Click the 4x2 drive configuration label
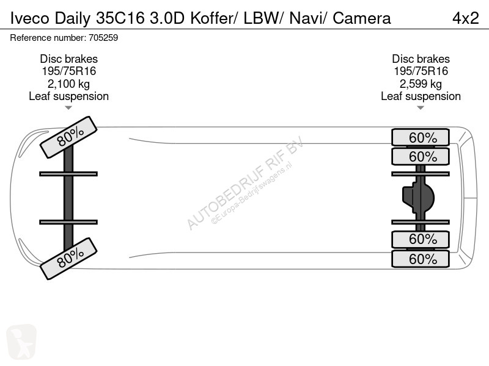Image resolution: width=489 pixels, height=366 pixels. tap(465, 18)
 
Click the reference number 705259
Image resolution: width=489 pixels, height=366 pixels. tap(103, 38)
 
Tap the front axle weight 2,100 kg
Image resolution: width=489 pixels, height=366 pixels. tap(68, 84)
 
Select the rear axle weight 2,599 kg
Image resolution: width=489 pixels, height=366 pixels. tap(421, 84)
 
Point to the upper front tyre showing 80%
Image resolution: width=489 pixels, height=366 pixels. tap(68, 137)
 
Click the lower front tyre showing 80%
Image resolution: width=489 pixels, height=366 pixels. tap(68, 259)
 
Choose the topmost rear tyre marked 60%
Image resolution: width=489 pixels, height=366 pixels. tap(421, 137)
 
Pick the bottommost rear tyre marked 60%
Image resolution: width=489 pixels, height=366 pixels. tap(421, 259)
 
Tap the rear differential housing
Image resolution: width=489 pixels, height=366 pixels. tap(418, 198)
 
